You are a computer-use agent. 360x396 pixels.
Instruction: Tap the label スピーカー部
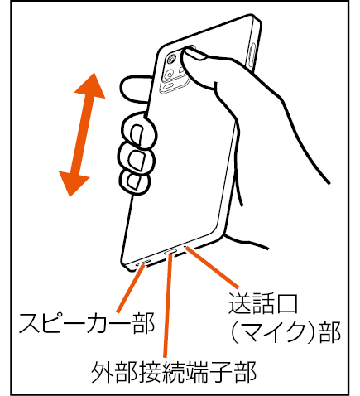(x=87, y=323)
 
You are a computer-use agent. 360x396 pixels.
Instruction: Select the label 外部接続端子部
(x=174, y=372)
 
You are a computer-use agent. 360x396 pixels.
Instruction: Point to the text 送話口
(x=263, y=303)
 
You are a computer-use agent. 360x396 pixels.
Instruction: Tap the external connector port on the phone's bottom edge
(x=170, y=252)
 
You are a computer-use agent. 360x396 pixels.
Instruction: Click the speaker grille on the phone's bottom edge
(x=143, y=262)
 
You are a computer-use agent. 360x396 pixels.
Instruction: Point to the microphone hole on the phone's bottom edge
(x=185, y=247)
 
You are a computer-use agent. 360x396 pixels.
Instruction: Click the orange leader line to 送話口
(x=212, y=267)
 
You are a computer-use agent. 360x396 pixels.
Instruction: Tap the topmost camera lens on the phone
(x=172, y=59)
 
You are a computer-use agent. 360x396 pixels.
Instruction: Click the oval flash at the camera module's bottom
(x=169, y=87)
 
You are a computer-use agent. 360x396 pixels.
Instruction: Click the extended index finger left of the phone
(x=136, y=89)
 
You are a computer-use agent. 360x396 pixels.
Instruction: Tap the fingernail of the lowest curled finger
(x=134, y=182)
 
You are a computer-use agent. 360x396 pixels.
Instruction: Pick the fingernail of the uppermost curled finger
(x=138, y=135)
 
